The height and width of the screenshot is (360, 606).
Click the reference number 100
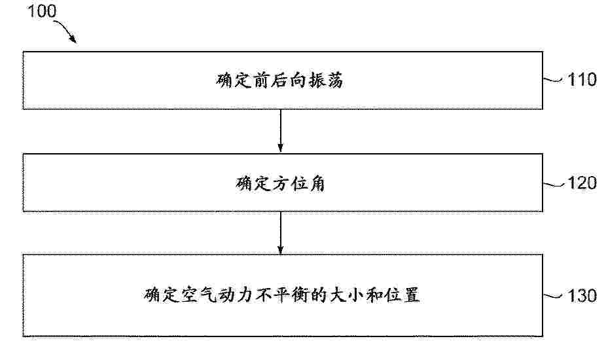pyautogui.click(x=42, y=11)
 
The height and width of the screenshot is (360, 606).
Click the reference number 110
pyautogui.click(x=582, y=80)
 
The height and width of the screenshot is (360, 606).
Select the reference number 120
pyautogui.click(x=582, y=183)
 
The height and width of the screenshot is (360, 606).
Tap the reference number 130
pyautogui.click(x=582, y=296)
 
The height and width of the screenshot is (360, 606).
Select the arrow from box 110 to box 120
pyautogui.click(x=281, y=131)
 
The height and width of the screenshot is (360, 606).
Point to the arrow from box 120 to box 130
pyautogui.click(x=281, y=233)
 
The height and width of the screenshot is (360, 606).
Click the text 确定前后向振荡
pyautogui.click(x=279, y=81)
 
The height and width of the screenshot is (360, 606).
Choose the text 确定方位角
pyautogui.click(x=280, y=183)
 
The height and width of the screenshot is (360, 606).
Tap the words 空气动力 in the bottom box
pyautogui.click(x=217, y=295)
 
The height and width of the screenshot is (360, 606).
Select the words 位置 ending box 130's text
pyautogui.click(x=402, y=295)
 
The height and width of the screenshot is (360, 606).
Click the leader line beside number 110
pyautogui.click(x=554, y=80)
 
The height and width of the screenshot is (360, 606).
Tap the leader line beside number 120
pyautogui.click(x=554, y=185)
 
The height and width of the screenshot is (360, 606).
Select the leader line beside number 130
pyautogui.click(x=554, y=297)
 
